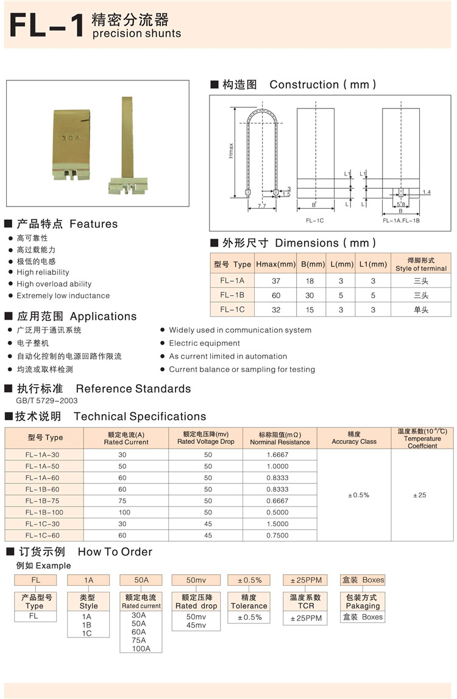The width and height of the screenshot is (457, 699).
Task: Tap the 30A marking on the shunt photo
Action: (x=71, y=138)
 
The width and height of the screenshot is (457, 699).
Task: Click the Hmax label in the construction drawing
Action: (x=231, y=151)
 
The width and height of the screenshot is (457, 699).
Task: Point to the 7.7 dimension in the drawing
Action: (x=261, y=206)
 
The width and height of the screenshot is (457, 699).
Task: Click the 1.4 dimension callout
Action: (x=426, y=192)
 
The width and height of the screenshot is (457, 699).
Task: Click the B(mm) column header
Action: (x=313, y=264)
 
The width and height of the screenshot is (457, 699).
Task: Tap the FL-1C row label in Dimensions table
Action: (x=232, y=309)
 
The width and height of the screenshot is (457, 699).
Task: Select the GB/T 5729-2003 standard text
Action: (x=47, y=401)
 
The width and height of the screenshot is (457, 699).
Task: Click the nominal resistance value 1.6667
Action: (x=277, y=454)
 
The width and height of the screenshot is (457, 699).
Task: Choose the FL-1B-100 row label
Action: (x=44, y=512)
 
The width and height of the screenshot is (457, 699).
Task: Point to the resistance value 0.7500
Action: (x=277, y=535)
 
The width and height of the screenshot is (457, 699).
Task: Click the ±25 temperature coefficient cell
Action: (x=419, y=495)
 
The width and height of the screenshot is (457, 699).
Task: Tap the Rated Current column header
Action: (x=126, y=438)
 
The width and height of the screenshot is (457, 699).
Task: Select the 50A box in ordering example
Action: (x=141, y=580)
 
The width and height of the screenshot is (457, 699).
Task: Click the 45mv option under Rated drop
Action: (x=196, y=625)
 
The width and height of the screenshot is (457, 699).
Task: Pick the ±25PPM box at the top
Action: (x=306, y=580)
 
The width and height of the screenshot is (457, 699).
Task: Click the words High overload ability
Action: (x=54, y=284)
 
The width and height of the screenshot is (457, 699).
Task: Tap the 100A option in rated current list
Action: (x=141, y=648)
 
